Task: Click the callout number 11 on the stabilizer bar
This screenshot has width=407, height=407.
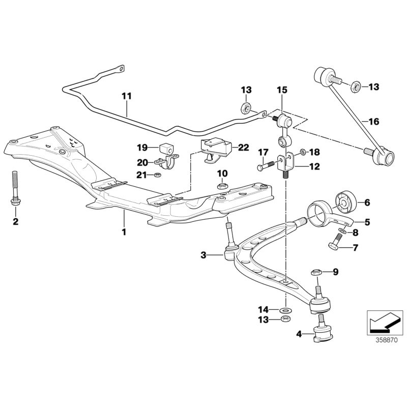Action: point(126,95)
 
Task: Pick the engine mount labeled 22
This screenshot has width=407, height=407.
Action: point(216,149)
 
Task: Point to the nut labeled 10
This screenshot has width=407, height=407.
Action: point(222,185)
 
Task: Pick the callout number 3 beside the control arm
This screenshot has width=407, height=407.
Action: point(203,255)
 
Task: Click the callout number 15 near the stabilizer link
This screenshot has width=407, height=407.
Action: point(282,90)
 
